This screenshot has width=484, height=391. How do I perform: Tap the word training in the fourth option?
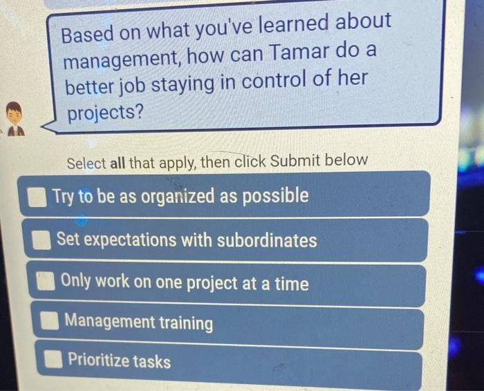(186, 323)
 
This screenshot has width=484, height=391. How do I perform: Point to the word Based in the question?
(88, 35)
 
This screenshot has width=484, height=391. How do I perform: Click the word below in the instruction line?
(345, 160)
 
